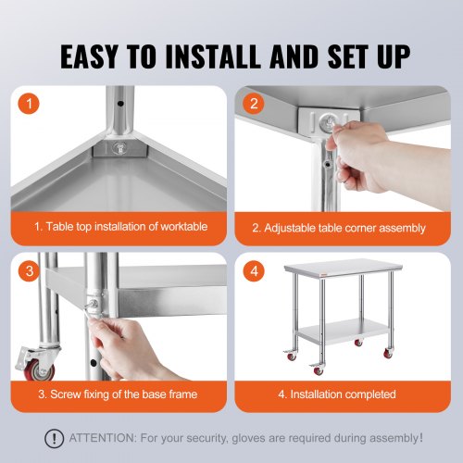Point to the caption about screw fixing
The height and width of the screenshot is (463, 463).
click(x=117, y=394)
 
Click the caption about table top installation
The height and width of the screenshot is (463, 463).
click(x=121, y=228)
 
